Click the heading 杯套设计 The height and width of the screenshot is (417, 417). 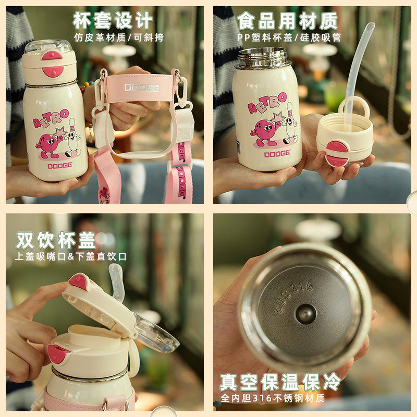coord(113,21)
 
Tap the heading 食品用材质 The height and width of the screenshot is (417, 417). coord(288,21)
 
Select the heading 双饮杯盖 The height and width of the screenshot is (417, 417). coord(56,240)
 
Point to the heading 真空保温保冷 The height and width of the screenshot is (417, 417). coord(280,382)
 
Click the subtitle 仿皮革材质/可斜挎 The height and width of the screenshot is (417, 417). coord(119,38)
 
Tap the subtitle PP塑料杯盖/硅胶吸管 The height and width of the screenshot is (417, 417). coord(289,38)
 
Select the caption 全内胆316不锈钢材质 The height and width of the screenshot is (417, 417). coord(273,398)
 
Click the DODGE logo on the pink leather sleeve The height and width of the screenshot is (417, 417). coord(142,88)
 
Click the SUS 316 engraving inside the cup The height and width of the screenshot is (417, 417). coord(293,297)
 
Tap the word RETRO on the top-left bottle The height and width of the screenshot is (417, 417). coord(51,118)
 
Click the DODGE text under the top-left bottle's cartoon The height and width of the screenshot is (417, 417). coord(60,166)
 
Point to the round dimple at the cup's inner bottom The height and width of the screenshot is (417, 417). coord(306,314)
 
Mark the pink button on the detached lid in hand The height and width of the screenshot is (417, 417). coord(337,153)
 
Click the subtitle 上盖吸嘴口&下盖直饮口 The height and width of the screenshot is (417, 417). coord(71,256)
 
